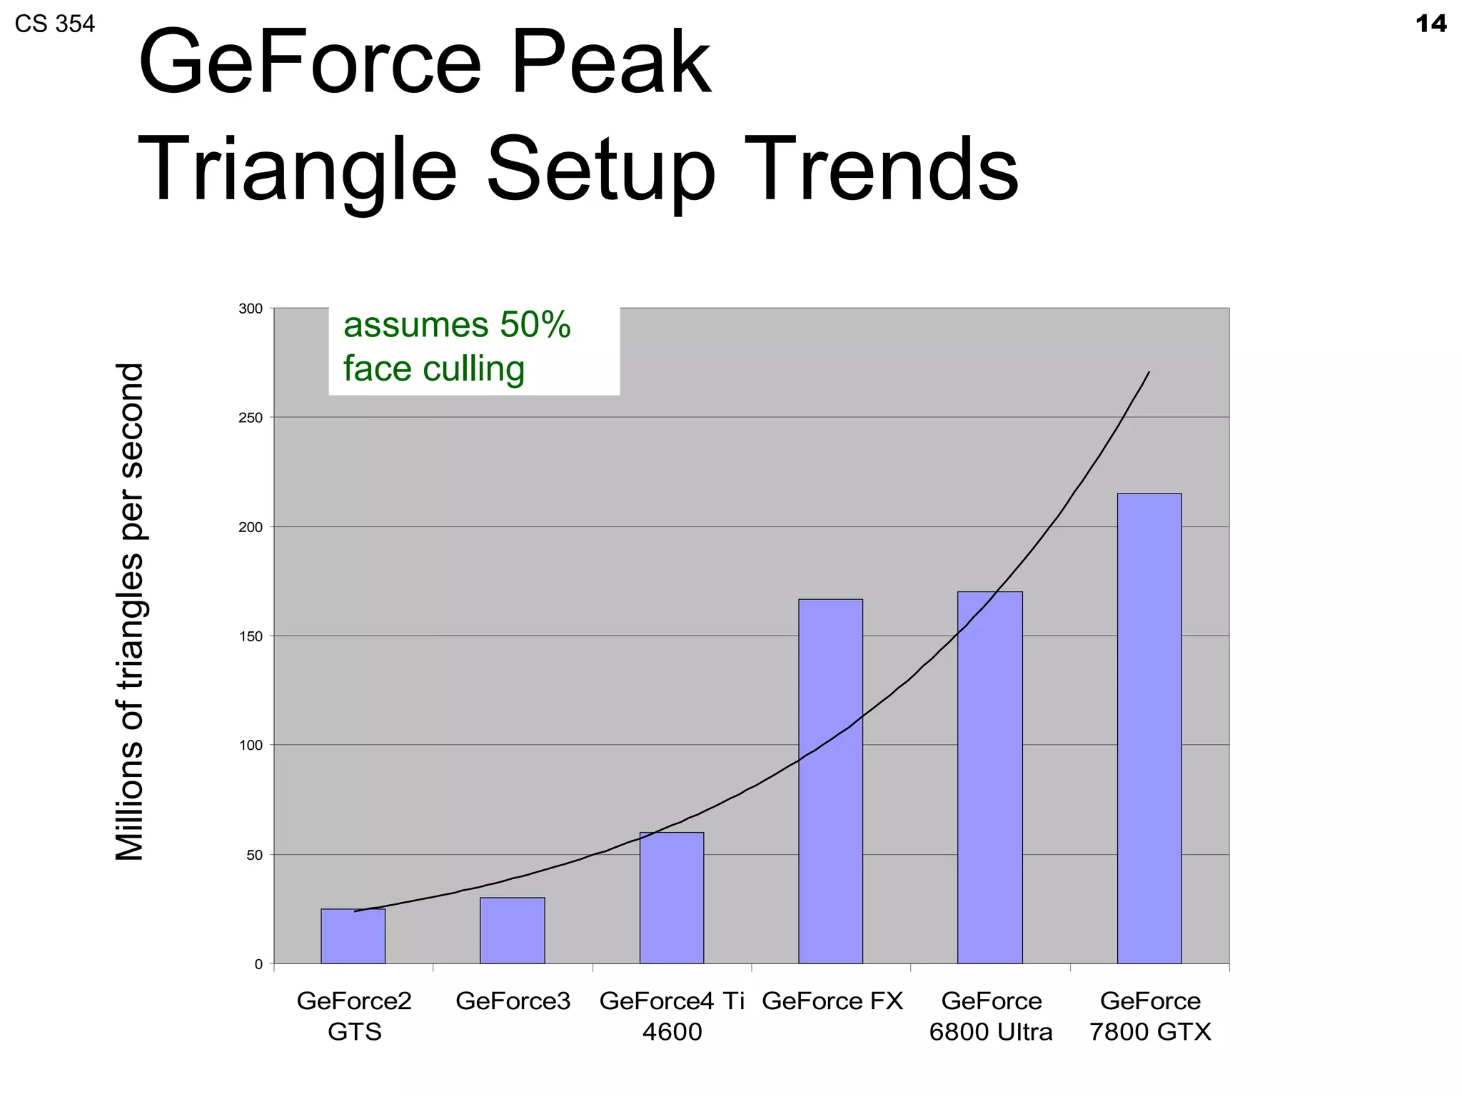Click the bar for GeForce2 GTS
[x=353, y=936]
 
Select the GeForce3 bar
[x=512, y=931]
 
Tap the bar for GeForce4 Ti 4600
[x=671, y=898]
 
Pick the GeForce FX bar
[x=830, y=781]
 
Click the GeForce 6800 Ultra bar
[x=989, y=778]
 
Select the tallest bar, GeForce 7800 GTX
[x=1149, y=728]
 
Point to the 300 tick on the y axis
[x=250, y=309]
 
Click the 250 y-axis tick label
[x=250, y=418]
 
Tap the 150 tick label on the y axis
[x=250, y=636]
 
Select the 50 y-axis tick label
[x=254, y=855]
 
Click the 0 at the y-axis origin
[x=258, y=964]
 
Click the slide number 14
[x=1431, y=24]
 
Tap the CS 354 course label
[x=54, y=24]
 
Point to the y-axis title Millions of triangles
[x=130, y=612]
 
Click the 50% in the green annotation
[x=535, y=325]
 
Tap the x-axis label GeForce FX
[x=832, y=1001]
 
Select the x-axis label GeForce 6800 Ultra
[x=991, y=1016]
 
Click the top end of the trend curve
[x=1148, y=373]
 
